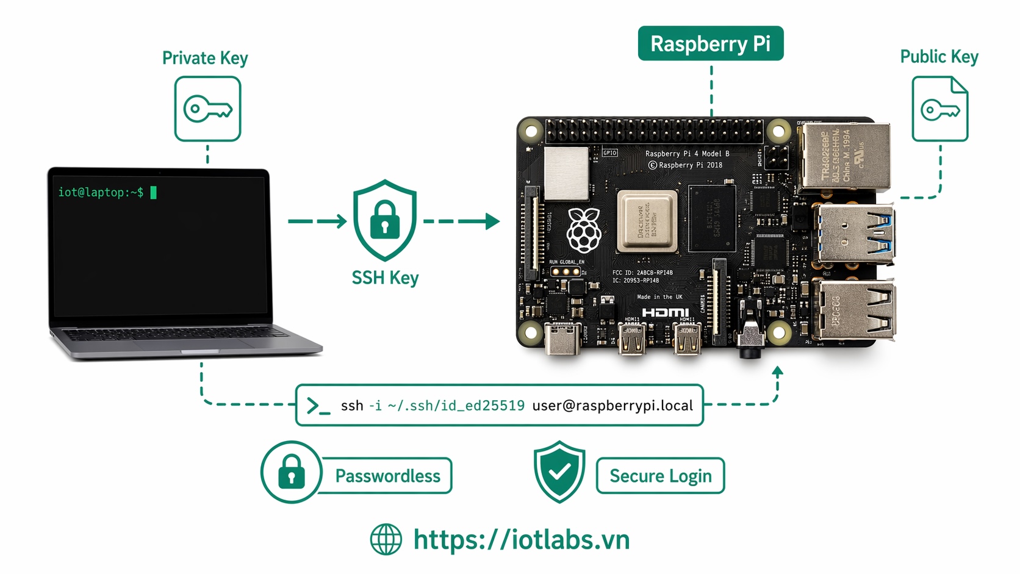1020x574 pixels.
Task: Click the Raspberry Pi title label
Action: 710,43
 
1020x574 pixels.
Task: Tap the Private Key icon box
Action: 207,109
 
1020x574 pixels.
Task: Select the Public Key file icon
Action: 939,109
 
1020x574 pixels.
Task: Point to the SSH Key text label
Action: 385,278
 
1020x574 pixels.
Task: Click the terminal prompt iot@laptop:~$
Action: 101,192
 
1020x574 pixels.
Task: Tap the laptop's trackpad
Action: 177,344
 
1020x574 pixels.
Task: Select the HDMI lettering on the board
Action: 666,312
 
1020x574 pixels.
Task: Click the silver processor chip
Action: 647,221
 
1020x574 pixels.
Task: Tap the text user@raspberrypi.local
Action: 612,406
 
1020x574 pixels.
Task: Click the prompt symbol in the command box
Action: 317,406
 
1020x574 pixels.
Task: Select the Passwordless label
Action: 387,476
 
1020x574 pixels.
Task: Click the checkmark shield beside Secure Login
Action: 559,471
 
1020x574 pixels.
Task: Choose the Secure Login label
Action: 660,476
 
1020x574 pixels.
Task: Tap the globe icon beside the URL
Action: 386,539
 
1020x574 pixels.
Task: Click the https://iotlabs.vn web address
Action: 522,539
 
